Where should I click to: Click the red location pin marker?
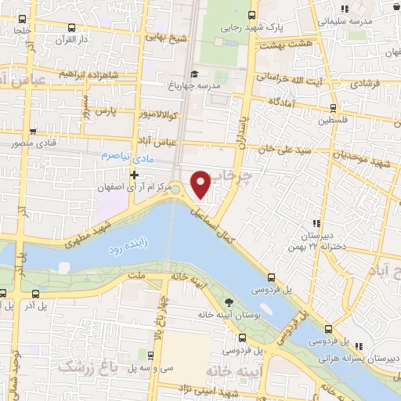pos(201,183)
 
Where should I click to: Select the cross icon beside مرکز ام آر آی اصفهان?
pos(135,174)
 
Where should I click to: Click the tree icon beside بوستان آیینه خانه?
pos(229,302)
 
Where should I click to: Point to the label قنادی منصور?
pos(26,144)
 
